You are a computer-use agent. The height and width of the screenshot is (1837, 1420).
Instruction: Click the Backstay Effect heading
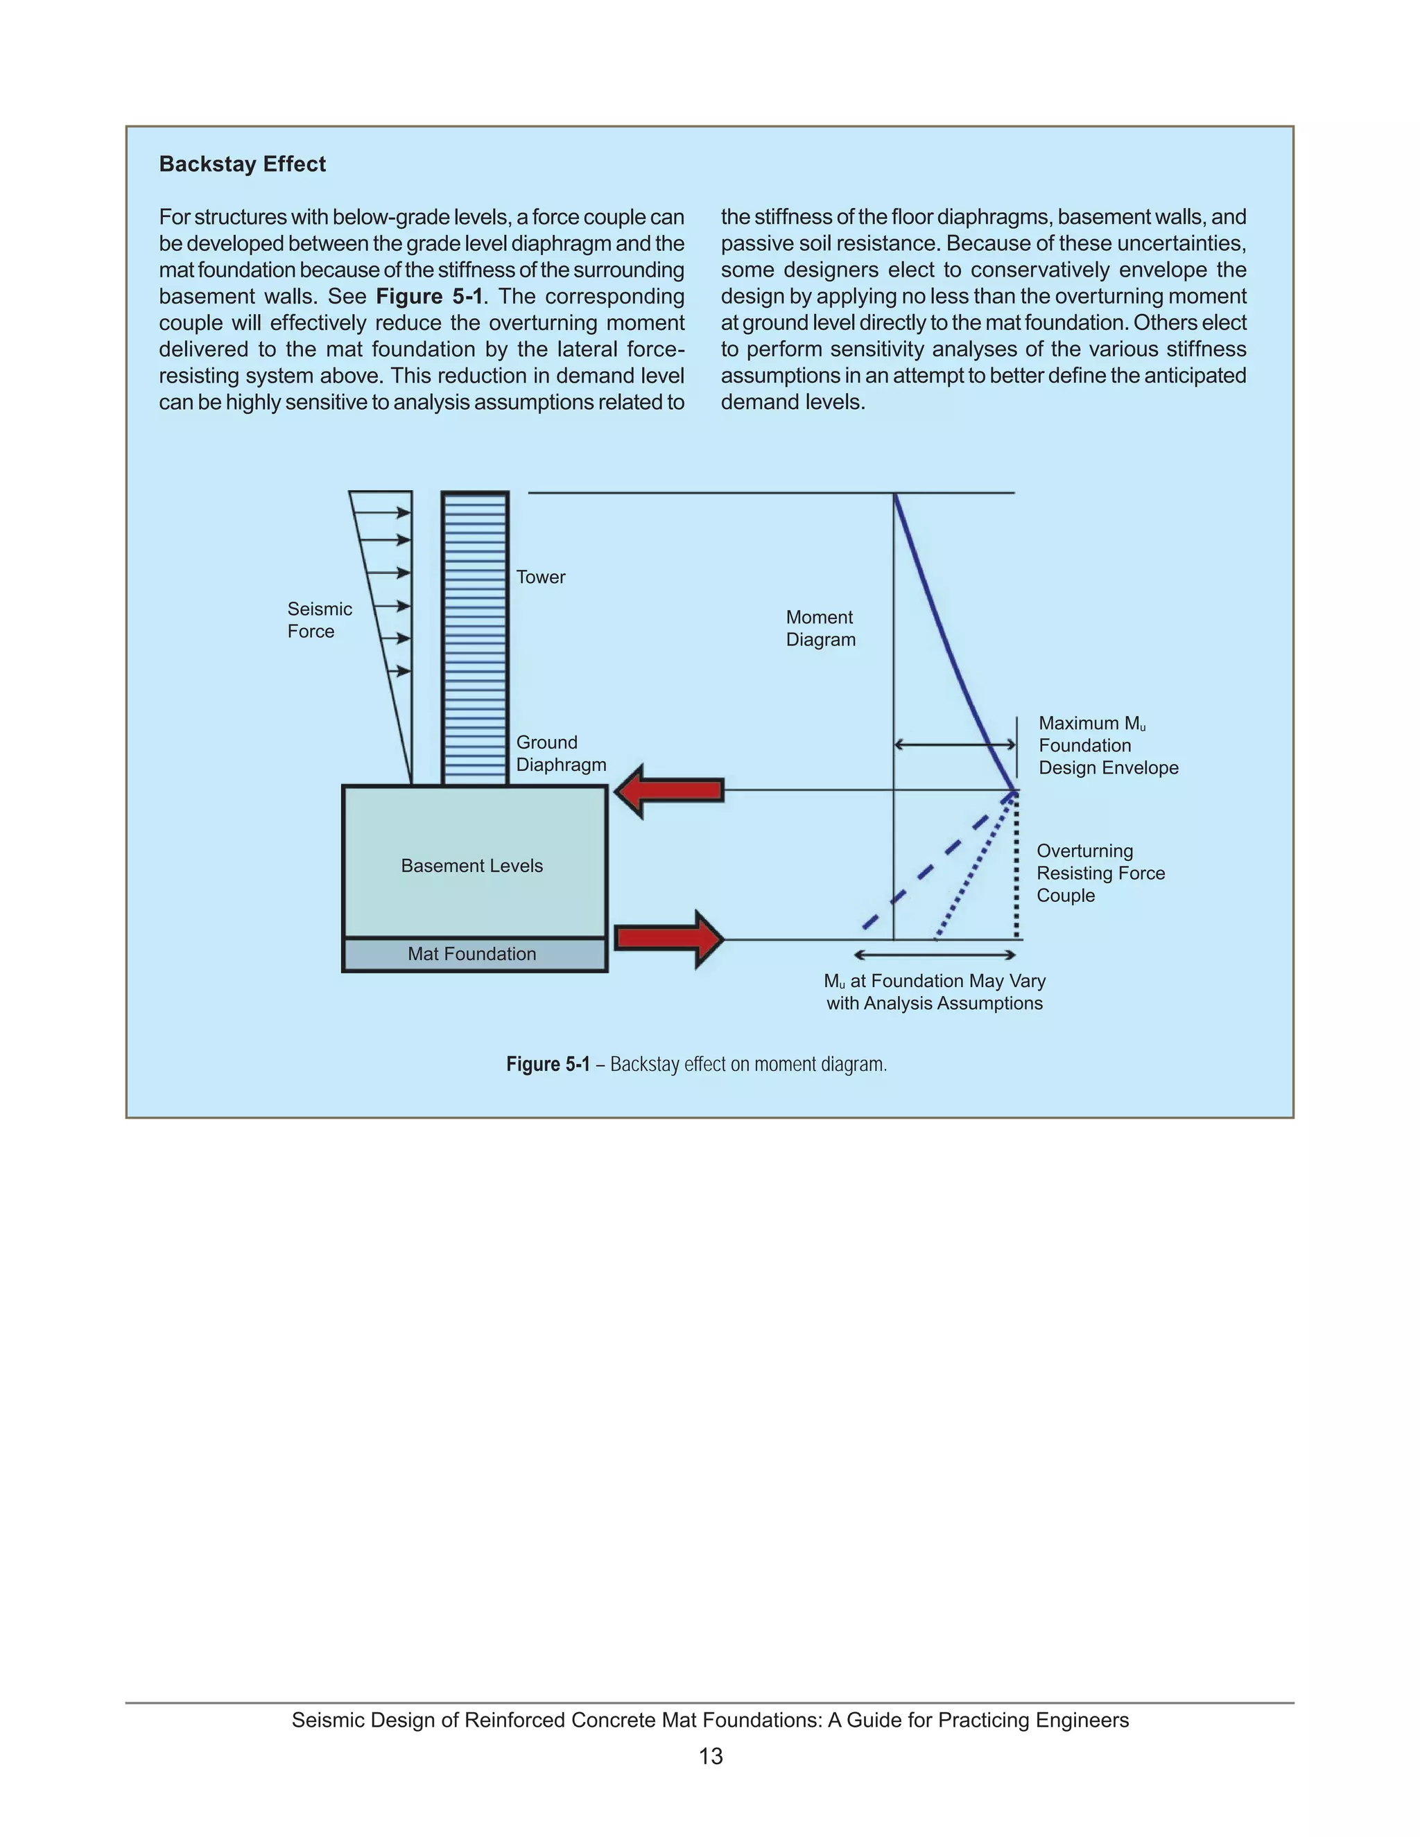[x=242, y=164]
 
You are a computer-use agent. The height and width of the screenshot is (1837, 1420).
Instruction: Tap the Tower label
[x=540, y=577]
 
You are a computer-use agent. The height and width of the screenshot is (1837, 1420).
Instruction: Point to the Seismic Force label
[x=319, y=620]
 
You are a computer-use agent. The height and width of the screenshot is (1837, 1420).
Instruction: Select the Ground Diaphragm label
[x=560, y=754]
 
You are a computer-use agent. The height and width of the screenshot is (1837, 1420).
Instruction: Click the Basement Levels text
[x=472, y=866]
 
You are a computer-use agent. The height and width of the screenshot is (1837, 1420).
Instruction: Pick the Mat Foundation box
[x=473, y=954]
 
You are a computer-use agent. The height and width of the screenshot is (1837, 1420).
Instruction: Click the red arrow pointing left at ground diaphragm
[x=670, y=791]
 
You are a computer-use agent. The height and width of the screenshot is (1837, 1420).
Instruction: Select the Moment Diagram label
[x=820, y=628]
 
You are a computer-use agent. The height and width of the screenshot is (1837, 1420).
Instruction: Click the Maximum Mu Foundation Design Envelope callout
[x=1107, y=745]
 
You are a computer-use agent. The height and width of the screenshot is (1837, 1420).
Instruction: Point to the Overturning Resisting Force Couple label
[x=1100, y=873]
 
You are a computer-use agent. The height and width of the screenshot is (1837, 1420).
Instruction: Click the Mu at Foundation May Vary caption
[x=934, y=992]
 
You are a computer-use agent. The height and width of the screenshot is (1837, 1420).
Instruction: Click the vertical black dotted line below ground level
[x=1017, y=867]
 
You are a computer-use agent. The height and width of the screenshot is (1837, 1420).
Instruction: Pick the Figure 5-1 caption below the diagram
[x=697, y=1064]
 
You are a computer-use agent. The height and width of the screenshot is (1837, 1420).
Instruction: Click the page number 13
[x=710, y=1757]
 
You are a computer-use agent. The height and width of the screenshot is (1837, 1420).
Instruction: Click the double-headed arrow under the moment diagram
[x=935, y=955]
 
